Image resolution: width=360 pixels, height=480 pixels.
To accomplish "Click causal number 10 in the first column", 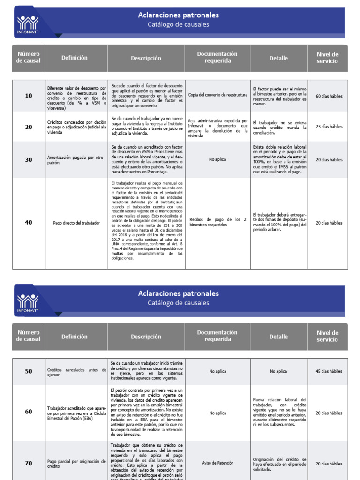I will [x=29, y=96].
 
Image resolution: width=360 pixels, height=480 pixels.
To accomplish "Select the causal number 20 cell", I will [x=29, y=127].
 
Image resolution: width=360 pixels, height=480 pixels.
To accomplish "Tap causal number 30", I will [x=29, y=160].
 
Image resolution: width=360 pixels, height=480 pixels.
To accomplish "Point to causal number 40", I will [x=29, y=223].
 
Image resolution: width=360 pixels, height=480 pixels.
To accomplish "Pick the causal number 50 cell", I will [x=29, y=371].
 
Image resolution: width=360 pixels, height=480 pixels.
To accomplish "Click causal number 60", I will [x=29, y=412].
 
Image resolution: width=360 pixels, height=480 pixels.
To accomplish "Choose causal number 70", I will [x=29, y=463].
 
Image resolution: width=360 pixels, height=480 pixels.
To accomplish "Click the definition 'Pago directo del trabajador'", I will [x=76, y=223].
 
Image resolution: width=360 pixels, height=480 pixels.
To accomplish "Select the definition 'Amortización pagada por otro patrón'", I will [x=76, y=160].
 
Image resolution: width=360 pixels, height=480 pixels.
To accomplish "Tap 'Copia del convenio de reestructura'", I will [x=217, y=95].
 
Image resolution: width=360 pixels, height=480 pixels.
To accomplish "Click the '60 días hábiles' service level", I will [x=329, y=96].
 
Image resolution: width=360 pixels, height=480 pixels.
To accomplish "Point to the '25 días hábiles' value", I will [x=329, y=127].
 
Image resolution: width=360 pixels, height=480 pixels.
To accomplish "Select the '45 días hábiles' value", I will [x=329, y=371].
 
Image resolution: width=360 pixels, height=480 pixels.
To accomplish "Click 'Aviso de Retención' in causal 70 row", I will [x=217, y=463].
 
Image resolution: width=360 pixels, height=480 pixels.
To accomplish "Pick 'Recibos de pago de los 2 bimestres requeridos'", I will [x=217, y=222].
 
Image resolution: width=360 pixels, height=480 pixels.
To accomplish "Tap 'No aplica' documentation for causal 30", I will [x=217, y=159].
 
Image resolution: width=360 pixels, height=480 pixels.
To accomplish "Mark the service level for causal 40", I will [x=329, y=223].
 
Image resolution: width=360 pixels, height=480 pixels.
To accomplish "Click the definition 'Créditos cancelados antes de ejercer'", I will [x=76, y=372].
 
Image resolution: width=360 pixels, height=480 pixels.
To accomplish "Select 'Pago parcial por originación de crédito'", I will [x=76, y=464].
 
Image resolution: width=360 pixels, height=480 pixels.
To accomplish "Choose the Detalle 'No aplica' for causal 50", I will [x=278, y=371].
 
